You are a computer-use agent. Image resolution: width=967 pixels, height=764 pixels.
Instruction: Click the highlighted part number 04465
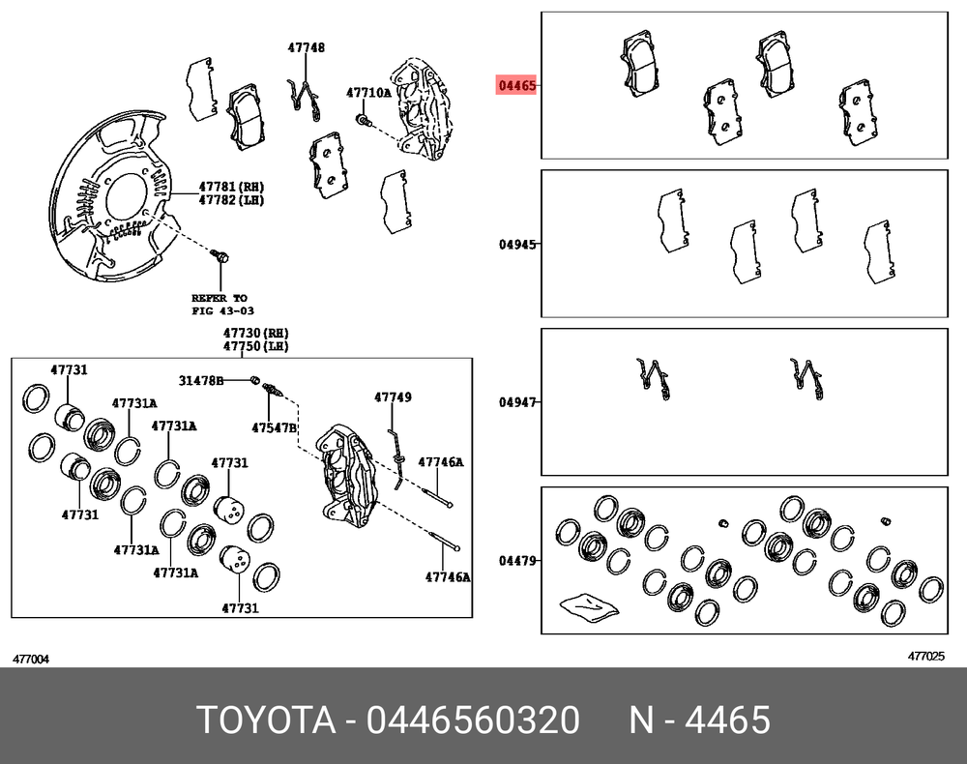[x=516, y=85]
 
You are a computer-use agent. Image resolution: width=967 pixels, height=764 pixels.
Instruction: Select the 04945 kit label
[x=517, y=244]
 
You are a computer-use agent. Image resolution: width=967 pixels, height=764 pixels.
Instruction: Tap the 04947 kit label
[x=517, y=402]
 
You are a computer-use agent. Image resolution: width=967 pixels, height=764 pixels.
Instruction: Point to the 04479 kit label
[x=517, y=561]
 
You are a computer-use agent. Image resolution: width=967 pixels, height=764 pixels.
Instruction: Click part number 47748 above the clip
[x=306, y=47]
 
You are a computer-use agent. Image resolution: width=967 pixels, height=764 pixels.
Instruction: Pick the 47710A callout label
[x=368, y=93]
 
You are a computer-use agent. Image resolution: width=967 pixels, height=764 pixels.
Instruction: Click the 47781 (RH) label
[x=231, y=187]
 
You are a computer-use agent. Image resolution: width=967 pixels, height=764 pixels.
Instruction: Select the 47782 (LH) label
[x=231, y=200]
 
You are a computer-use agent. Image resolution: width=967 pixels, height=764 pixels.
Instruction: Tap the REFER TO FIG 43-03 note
[x=222, y=304]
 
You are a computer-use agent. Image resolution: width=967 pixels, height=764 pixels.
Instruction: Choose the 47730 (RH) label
[x=256, y=333]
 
